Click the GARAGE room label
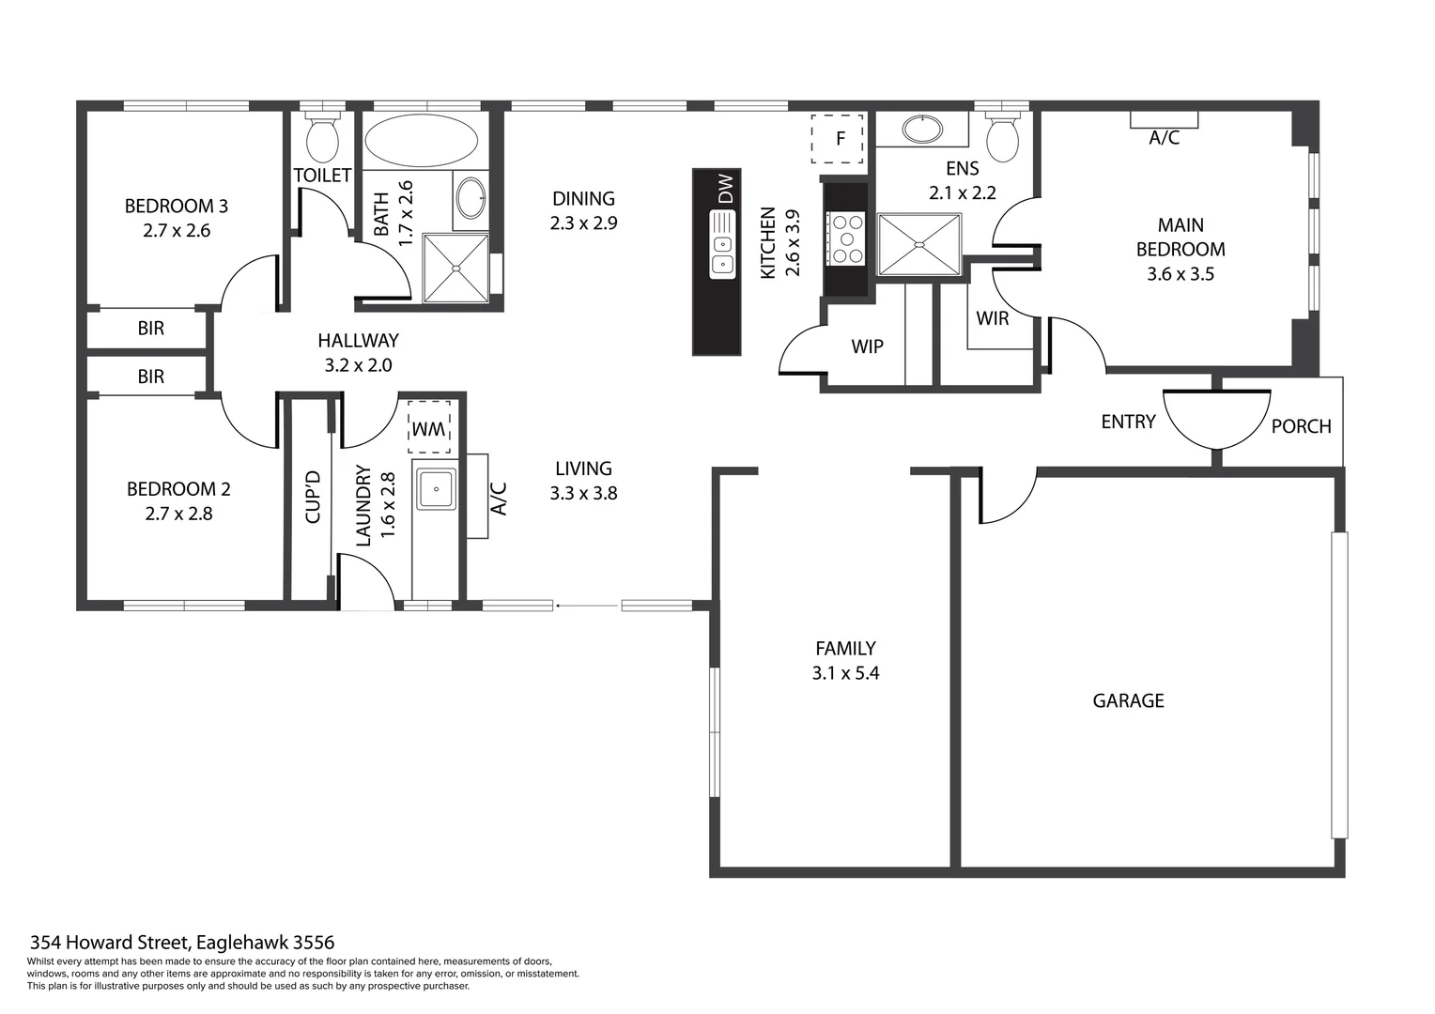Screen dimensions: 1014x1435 pos(1128,700)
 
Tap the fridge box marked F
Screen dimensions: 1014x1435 pos(838,139)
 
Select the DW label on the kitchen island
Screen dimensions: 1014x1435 pos(725,190)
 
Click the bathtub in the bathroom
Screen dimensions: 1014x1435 pos(421,141)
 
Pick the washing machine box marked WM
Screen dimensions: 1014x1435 pos(429,428)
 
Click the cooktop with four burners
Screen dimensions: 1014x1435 pos(845,238)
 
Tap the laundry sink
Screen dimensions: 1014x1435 pos(436,489)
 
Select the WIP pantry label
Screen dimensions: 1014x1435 pos(867,346)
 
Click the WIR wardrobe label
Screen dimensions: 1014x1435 pos(992,318)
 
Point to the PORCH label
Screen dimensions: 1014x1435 pos(1301,426)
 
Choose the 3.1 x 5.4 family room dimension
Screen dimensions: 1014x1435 pos(845,673)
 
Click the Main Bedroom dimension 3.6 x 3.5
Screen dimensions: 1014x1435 pos(1180,274)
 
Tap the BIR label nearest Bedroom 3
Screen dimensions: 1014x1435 pos(150,328)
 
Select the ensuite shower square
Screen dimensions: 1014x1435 pos(919,245)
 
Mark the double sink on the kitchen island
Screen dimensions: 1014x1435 pos(722,245)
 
